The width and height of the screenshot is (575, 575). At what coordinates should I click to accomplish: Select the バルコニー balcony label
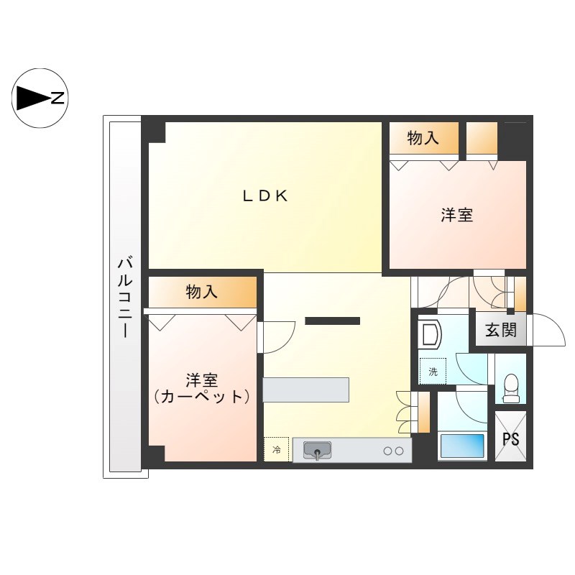click(124, 296)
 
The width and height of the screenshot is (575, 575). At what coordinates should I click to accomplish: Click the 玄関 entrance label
click(500, 331)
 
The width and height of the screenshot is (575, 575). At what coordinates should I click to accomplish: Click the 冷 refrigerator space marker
click(276, 450)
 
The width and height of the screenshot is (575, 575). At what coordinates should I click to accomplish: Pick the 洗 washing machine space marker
click(433, 371)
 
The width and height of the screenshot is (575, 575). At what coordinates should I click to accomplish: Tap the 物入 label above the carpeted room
click(201, 292)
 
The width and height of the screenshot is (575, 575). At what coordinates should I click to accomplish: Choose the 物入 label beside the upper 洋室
click(423, 139)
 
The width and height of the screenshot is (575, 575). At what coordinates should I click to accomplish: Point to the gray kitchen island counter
click(305, 390)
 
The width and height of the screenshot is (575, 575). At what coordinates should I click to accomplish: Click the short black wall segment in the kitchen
click(332, 321)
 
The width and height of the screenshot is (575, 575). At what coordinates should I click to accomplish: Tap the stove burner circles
click(393, 451)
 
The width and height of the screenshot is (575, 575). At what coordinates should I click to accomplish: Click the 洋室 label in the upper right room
click(457, 214)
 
